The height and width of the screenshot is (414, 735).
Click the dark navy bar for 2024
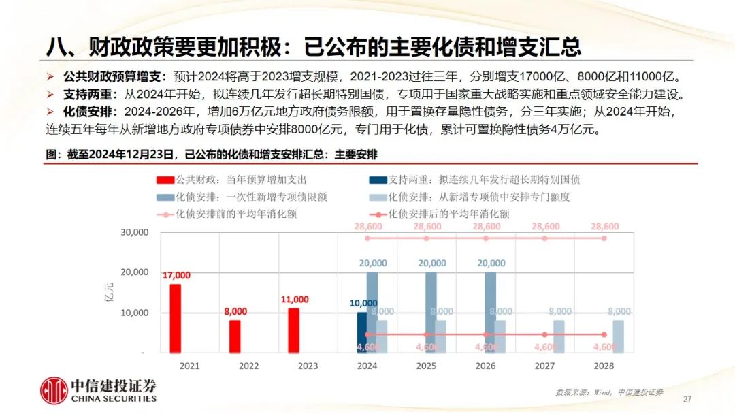click(x=361, y=332)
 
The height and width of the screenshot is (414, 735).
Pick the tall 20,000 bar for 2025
click(x=431, y=312)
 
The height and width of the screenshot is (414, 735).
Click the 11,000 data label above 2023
click(x=294, y=299)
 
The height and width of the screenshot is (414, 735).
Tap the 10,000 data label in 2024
click(x=363, y=303)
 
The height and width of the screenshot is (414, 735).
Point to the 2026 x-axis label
click(x=485, y=366)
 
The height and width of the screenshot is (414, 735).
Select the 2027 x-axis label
click(x=544, y=366)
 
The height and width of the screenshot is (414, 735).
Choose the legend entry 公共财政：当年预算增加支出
click(x=231, y=180)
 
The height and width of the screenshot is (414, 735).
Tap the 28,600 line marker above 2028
click(x=604, y=238)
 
